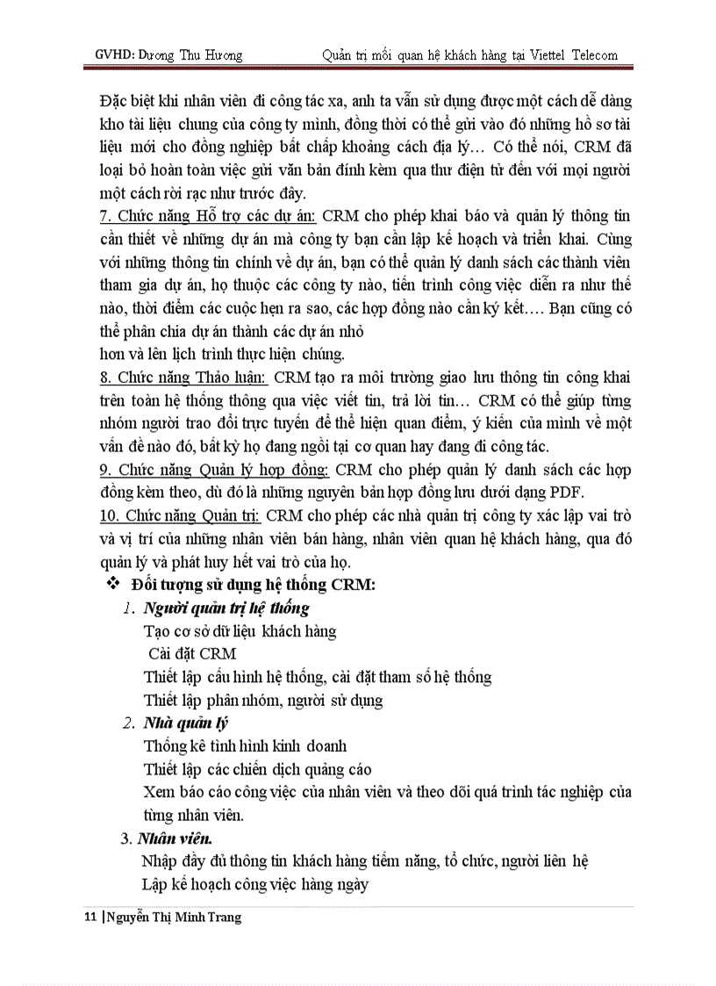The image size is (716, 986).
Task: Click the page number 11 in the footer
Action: coord(89,918)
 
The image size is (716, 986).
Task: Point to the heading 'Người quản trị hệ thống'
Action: coord(226,608)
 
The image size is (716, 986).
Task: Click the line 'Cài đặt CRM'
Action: coord(191,654)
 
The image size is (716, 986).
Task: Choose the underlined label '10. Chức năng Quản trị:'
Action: coord(182,515)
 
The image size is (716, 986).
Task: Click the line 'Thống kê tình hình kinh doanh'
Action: coord(245,746)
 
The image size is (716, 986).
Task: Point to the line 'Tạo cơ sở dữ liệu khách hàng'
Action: coord(240,631)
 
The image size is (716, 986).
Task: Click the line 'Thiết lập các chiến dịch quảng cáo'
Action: coord(258,769)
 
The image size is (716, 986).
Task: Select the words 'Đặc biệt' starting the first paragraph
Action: coord(125,101)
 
